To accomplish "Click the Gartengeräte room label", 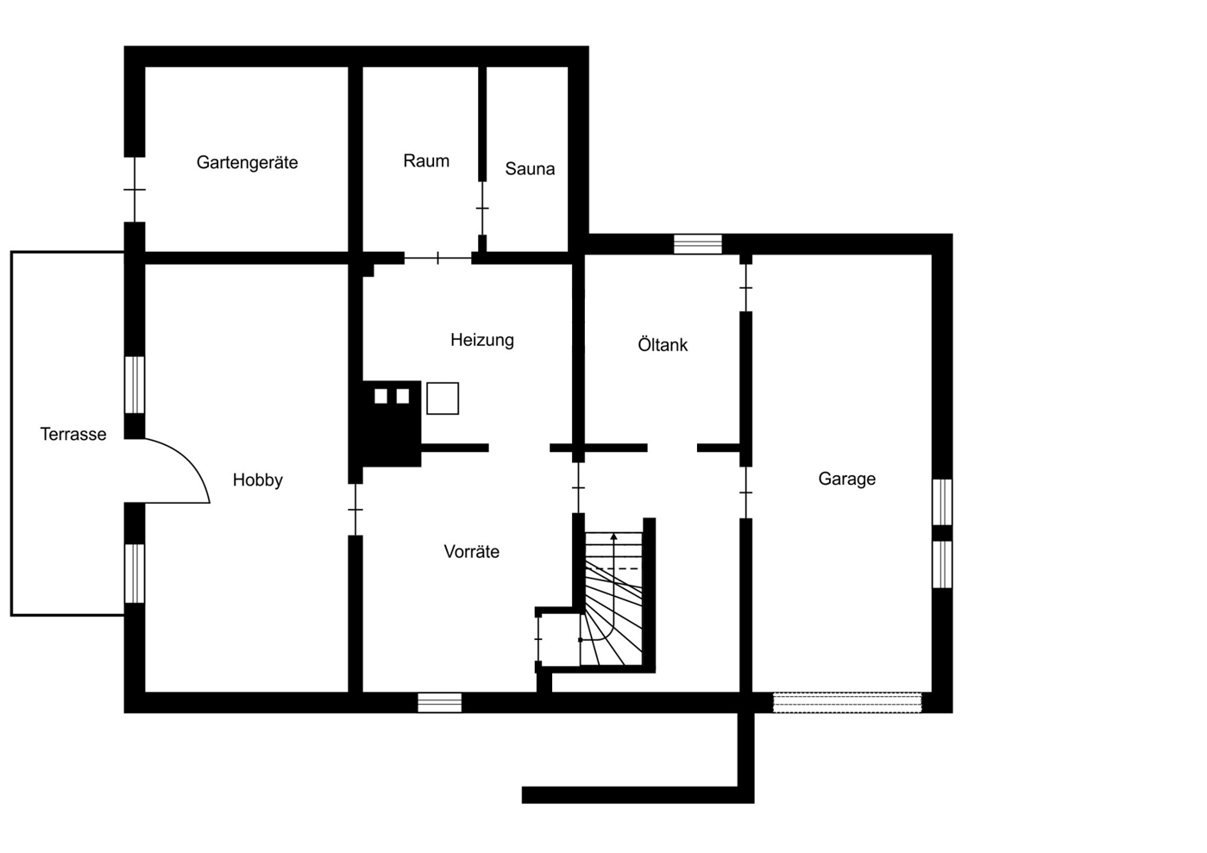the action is tap(247, 163).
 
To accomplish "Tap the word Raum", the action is tap(426, 161).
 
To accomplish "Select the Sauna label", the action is tap(530, 169).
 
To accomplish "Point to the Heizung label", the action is tap(482, 341).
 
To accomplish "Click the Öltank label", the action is tap(663, 345).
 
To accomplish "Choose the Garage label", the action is tap(846, 479).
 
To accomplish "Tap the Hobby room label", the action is tap(258, 480).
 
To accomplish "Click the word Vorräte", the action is tap(471, 551).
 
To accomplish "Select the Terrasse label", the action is tap(73, 434).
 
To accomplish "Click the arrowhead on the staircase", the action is tap(613, 536).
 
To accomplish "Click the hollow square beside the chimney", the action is tap(443, 398).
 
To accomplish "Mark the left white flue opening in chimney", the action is tap(380, 397).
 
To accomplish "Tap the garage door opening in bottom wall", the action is tap(847, 703).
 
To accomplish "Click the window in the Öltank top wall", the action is tap(698, 244).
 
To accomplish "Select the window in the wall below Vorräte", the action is tap(440, 703).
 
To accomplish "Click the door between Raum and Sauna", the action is tap(482, 208).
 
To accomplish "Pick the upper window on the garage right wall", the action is tap(942, 502).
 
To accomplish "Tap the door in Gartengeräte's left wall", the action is tap(135, 190).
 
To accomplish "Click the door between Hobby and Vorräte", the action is tap(355, 510).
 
